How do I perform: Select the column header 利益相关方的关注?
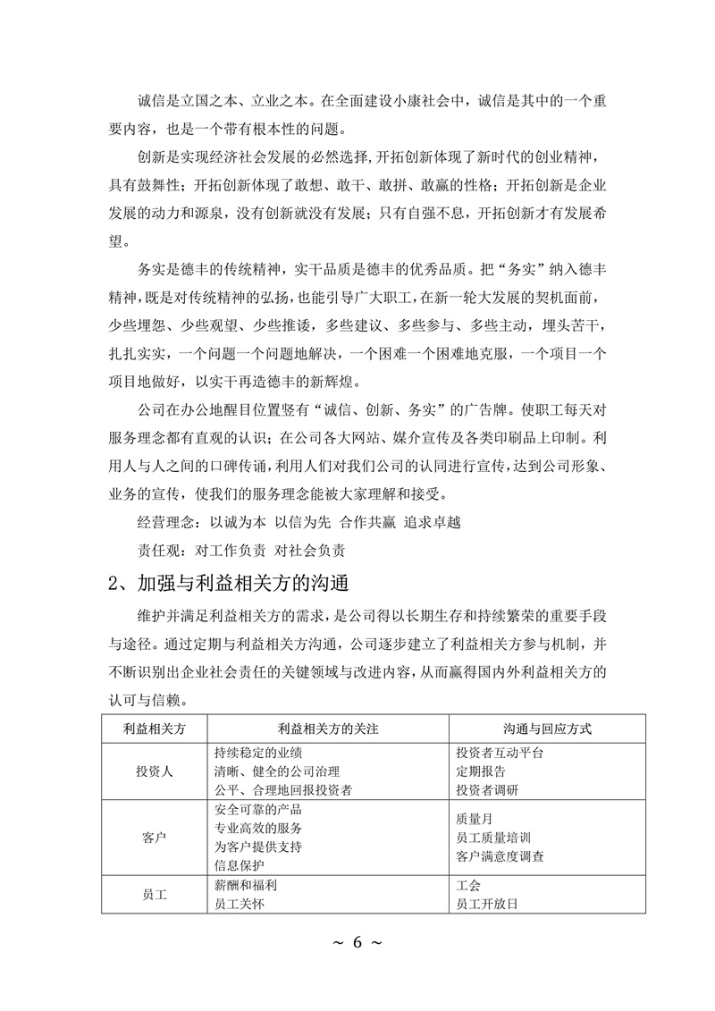tap(329, 729)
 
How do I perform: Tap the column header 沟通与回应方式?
tap(548, 729)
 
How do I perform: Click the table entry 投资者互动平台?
tap(500, 753)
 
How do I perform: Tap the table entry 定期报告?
tap(481, 771)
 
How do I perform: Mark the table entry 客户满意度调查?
tap(500, 857)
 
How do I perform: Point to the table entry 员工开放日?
tap(487, 905)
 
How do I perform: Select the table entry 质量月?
tap(475, 818)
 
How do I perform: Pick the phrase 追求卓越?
tap(433, 521)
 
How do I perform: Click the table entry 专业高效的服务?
tap(258, 828)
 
